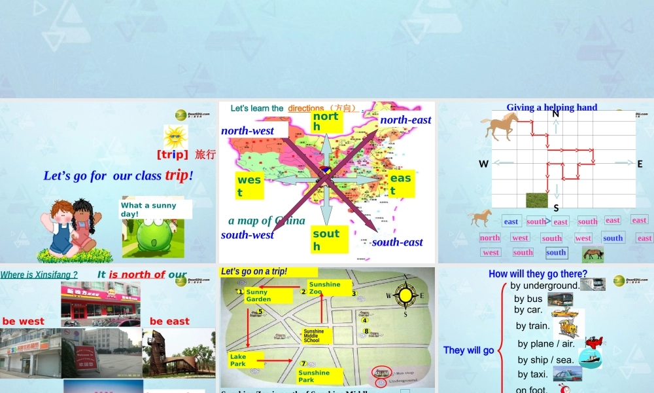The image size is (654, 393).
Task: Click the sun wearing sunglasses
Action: pos(175,137)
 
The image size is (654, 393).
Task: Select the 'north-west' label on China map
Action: pos(248,130)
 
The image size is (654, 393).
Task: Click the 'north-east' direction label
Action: pos(405,119)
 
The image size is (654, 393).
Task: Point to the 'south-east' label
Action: pos(398,242)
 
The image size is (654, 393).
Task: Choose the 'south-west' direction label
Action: pos(247,234)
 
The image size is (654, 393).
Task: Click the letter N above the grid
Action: pos(555,113)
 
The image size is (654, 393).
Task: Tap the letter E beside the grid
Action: pos(640,164)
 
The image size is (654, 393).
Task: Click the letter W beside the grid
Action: pos(483,164)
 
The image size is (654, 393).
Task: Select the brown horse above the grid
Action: pos(500,125)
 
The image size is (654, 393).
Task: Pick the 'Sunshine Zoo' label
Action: pos(326,288)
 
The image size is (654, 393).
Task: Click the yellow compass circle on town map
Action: pos(405,295)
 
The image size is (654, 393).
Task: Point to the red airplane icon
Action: pos(594,343)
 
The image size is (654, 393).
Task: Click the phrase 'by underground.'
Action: pos(545,286)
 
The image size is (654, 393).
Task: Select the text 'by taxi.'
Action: pos(533,374)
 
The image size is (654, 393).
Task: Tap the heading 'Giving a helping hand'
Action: pos(551,107)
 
